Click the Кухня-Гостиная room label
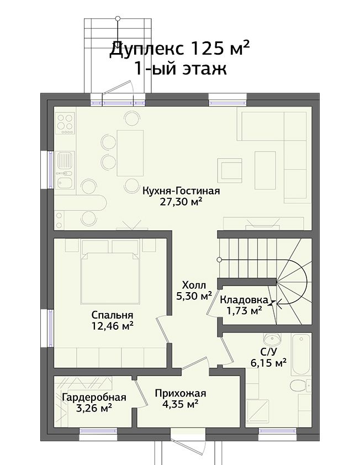(x=181, y=191)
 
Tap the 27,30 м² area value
(x=181, y=202)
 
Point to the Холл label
(x=194, y=286)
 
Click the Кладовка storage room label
(x=243, y=300)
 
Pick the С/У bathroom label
(x=269, y=352)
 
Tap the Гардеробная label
(x=94, y=397)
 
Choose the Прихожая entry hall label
(x=181, y=394)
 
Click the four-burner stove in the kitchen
(x=65, y=123)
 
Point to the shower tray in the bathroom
(x=257, y=410)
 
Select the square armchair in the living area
(x=230, y=170)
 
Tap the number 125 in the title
(x=206, y=49)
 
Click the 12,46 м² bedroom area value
(x=113, y=326)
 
